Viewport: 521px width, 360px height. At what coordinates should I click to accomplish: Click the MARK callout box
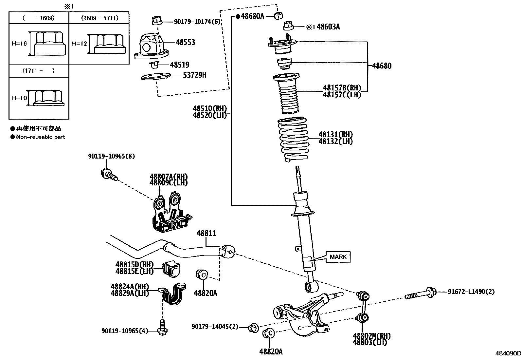[x=338, y=257]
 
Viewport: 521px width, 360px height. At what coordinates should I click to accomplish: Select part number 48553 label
[x=185, y=42]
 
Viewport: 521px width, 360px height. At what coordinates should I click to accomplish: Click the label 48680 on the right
[x=382, y=66]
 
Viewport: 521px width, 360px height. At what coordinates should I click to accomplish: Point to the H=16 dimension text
[x=19, y=44]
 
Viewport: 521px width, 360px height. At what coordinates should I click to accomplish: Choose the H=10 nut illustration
[x=48, y=98]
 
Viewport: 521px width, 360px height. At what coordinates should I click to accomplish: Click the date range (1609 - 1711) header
[x=99, y=18]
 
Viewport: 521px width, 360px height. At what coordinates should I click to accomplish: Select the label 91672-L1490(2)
[x=471, y=292]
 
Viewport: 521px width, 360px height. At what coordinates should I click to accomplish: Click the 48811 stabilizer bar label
[x=206, y=233]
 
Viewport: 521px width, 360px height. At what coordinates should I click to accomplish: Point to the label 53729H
[x=195, y=75]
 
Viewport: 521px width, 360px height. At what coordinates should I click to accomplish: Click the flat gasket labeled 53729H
[x=156, y=77]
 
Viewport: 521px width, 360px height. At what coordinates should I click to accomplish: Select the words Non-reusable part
[x=41, y=137]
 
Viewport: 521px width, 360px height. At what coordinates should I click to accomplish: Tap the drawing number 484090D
[x=507, y=353]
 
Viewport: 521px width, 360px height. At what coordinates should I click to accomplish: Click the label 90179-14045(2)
[x=215, y=327]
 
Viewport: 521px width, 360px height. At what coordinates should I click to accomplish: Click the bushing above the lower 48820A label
[x=269, y=333]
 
